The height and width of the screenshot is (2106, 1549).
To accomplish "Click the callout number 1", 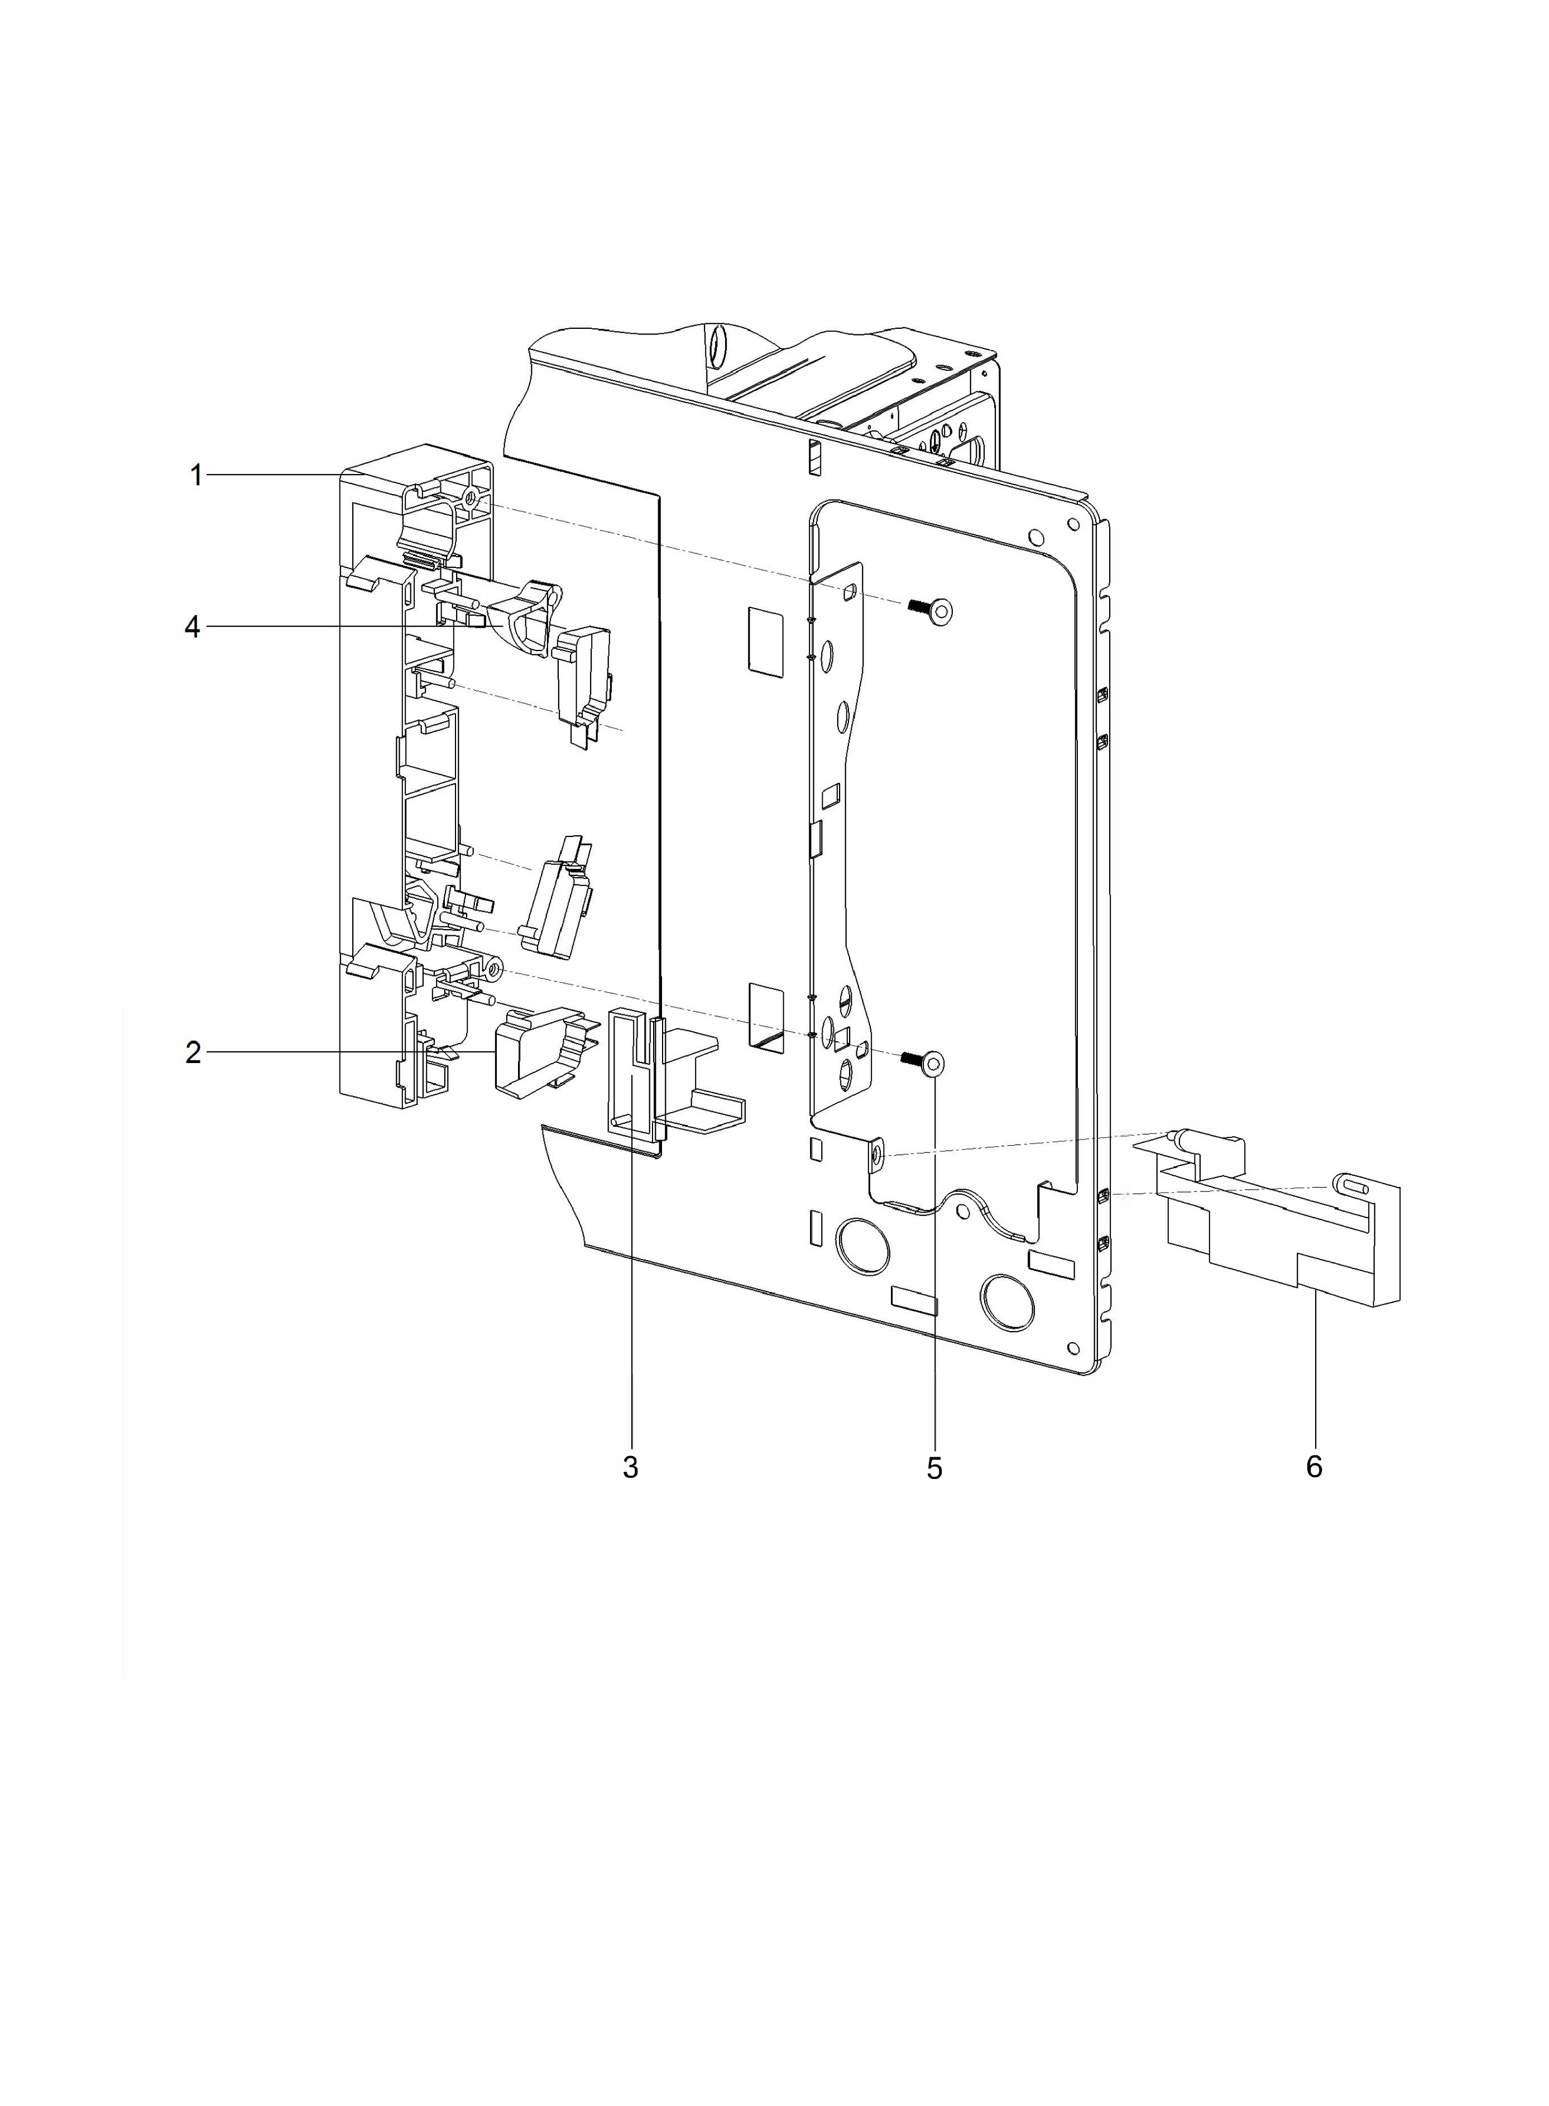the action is [196, 476].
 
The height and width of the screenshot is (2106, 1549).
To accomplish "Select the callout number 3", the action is [630, 1467].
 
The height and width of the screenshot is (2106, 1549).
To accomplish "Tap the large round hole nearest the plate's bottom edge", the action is [1008, 1300].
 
